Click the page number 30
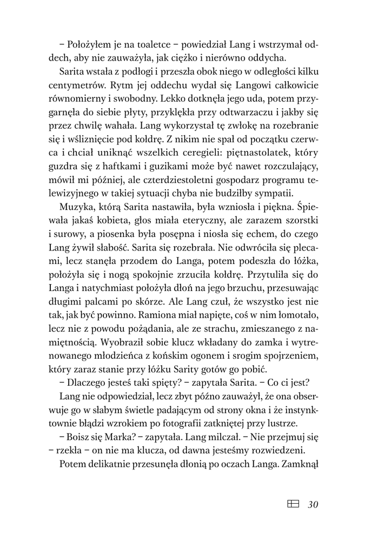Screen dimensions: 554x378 tap(313, 505)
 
